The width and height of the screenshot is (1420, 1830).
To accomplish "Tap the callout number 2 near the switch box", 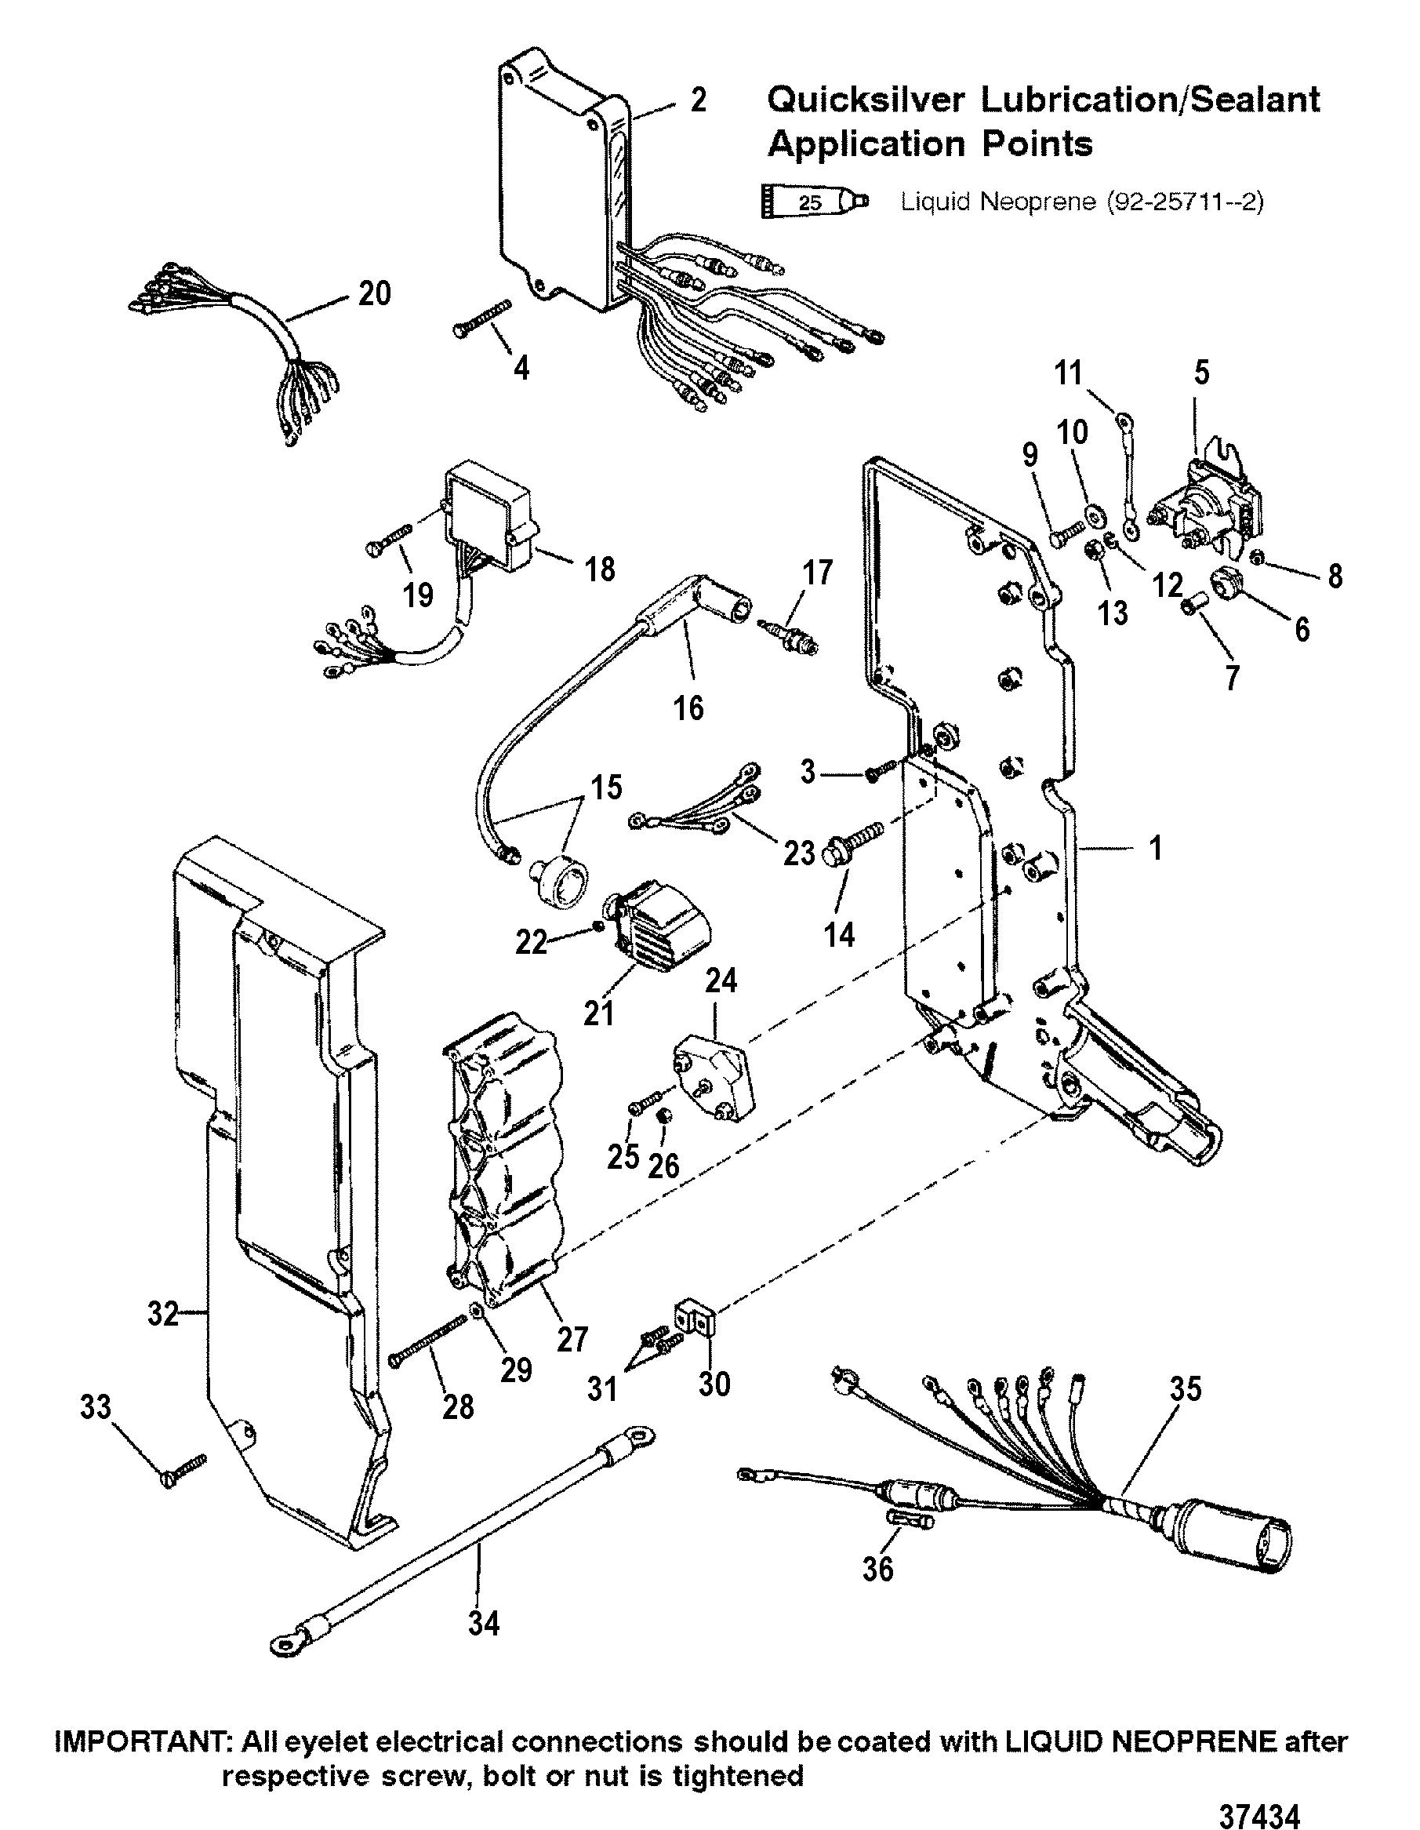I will pos(699,100).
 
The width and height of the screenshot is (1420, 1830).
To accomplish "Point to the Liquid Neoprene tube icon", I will pos(815,202).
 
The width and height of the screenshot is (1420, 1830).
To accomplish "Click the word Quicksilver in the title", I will pos(866,100).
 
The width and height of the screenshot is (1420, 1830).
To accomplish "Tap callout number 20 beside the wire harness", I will pos(374,293).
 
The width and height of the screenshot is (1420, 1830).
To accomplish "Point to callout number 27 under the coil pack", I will pos(572,1339).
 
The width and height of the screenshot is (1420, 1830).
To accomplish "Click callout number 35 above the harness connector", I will pos(1184,1390).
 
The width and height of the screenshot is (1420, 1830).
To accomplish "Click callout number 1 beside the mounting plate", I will pos(1156,848).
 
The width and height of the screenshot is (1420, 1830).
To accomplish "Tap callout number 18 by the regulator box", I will pos(601,569).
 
